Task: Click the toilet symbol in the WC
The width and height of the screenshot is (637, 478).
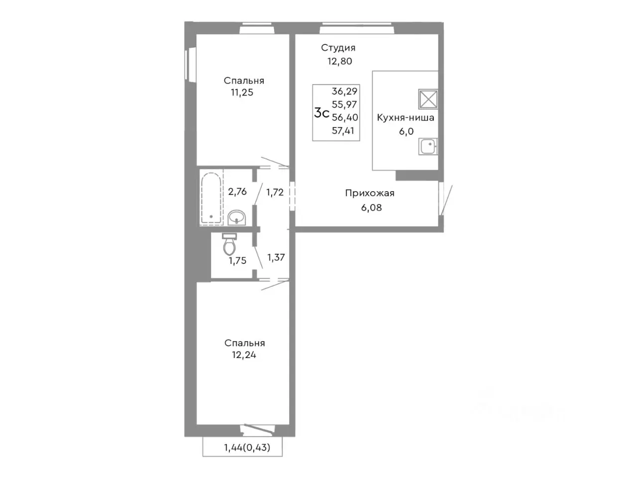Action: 229,244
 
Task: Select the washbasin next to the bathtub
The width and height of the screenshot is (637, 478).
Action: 237,218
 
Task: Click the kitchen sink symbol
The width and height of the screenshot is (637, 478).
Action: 428,146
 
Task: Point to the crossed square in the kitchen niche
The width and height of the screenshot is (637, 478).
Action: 428,99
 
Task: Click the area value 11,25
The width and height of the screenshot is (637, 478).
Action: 242,93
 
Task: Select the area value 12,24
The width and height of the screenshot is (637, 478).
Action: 244,355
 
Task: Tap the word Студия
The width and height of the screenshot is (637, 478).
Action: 338,48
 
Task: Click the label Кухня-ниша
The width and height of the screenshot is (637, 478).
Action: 406,118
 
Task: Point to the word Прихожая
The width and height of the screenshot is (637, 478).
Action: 370,193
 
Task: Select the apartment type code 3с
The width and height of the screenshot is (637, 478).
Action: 321,113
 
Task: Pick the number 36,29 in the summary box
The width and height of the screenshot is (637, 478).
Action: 344,92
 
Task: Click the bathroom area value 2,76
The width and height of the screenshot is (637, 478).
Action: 237,192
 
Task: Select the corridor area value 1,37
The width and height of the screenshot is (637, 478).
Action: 276,257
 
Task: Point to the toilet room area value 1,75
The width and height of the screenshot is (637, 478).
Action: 237,260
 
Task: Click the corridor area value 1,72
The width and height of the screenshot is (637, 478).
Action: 275,192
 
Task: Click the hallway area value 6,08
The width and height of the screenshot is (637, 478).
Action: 371,208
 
